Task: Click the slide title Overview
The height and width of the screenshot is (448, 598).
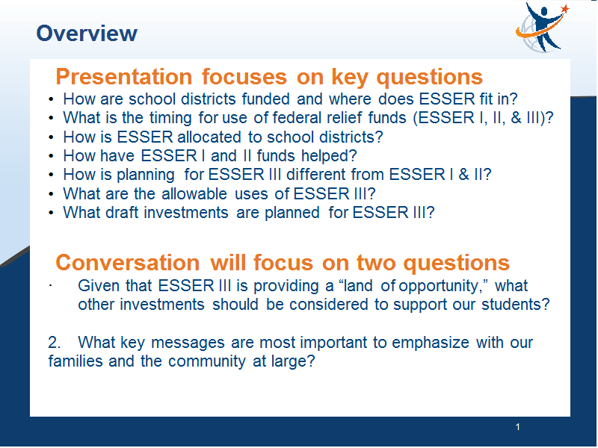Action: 87,33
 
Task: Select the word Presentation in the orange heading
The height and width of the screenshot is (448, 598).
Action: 124,77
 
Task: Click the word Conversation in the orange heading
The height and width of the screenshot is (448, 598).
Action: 127,263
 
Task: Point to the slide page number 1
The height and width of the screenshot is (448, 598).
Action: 517,427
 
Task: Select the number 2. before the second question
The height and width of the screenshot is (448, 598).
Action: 55,342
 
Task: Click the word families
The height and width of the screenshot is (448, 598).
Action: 75,361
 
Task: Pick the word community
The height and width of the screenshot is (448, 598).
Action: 207,361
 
